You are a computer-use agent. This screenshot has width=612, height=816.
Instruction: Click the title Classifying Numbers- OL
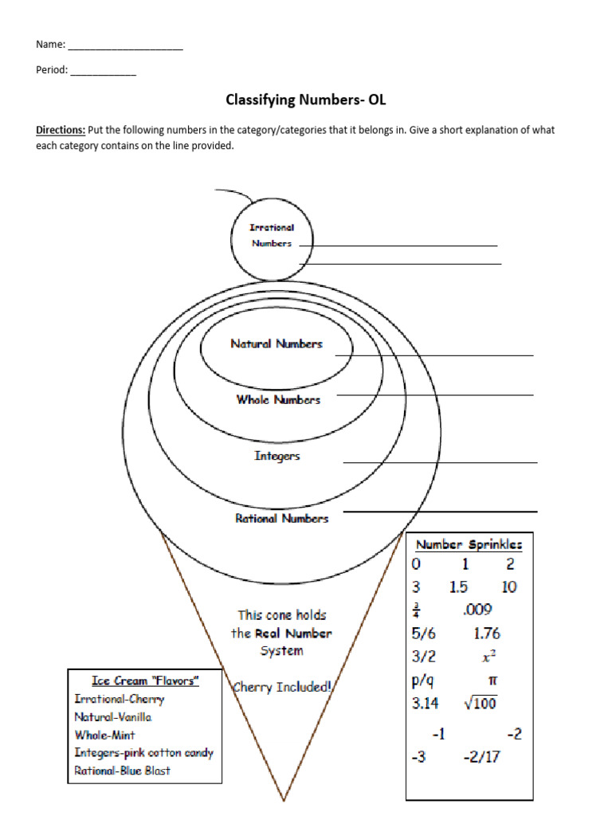point(306,100)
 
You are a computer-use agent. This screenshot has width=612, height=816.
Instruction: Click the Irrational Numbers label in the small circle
point(272,236)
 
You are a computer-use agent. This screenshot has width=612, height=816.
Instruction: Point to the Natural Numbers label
point(277,344)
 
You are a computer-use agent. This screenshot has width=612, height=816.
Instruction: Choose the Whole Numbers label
point(278,400)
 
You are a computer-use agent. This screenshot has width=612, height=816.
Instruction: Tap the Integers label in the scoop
point(277,457)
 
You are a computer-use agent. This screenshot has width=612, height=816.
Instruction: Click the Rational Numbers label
point(281,519)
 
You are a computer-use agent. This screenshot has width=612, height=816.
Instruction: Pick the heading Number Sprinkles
point(469,545)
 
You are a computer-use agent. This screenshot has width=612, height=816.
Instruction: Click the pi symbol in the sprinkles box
point(492,682)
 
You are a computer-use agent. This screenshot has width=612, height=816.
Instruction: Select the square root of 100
point(480,704)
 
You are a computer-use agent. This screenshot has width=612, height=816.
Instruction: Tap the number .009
point(477,610)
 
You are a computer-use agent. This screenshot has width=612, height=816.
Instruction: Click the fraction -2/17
point(481,757)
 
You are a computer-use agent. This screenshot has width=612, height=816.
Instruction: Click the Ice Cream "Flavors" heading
point(145,681)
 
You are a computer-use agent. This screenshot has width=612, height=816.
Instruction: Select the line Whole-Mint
point(104,735)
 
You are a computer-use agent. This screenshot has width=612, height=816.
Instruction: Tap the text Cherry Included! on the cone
point(281,686)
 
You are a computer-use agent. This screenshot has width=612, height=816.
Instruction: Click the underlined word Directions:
point(61,130)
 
